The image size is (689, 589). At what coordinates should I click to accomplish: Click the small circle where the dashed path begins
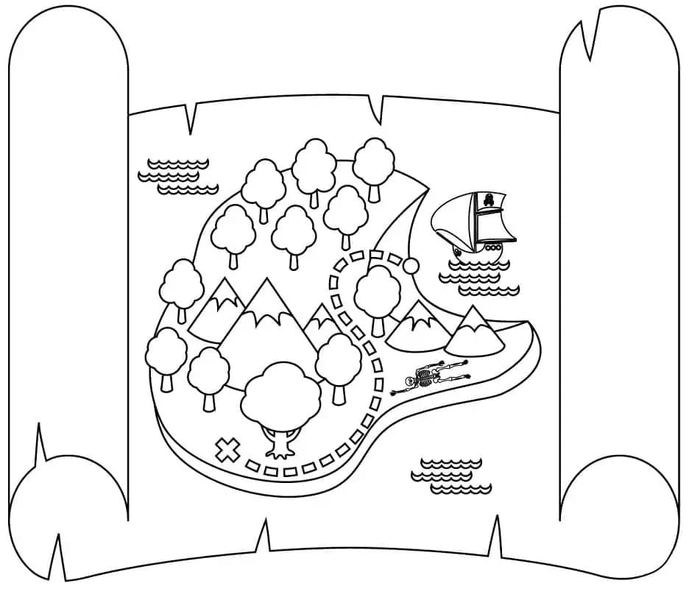point(411,266)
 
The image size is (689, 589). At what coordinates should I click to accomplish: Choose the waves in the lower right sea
point(451,475)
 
